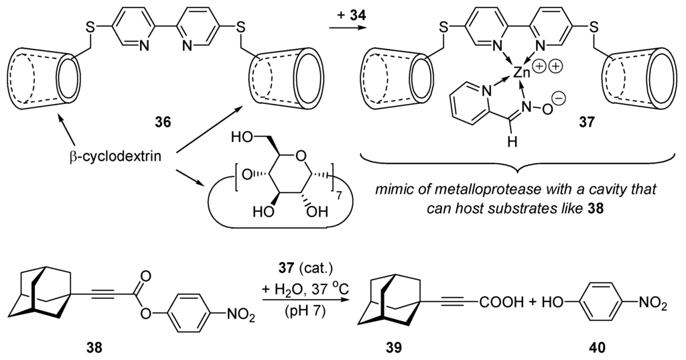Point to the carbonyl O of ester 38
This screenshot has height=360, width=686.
[x=144, y=274]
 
